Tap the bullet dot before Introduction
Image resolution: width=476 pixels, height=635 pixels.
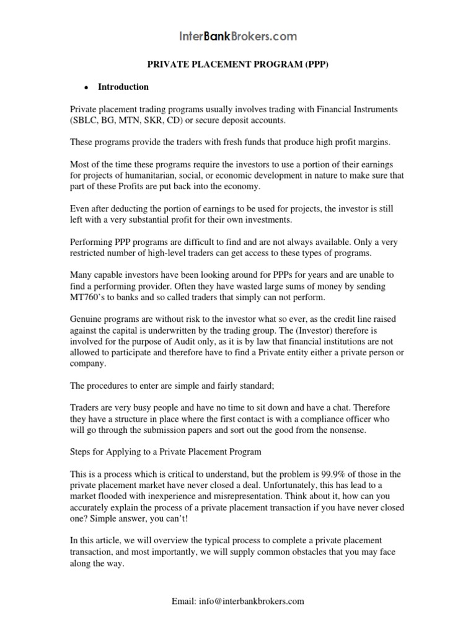87,87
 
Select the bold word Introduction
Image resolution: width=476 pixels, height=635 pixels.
123,87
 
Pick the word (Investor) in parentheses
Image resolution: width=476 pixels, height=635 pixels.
314,330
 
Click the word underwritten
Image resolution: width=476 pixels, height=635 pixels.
185,330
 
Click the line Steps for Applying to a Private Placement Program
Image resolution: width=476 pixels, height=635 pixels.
165,451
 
